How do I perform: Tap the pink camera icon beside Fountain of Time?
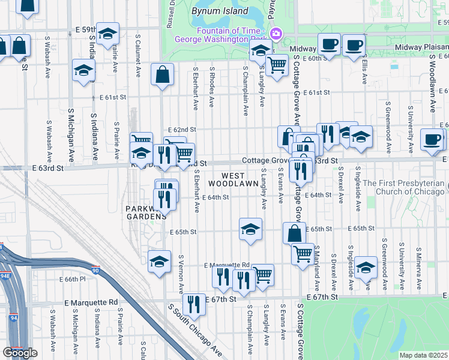point(275,34)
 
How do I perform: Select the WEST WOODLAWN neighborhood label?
point(227,179)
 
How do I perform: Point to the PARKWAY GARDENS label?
point(145,212)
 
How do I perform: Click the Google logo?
point(20,353)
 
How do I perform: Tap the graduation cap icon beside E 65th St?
point(251,229)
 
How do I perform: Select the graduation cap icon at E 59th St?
point(107,34)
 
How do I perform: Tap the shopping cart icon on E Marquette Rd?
point(262,275)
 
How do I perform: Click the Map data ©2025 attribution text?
point(423,355)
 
